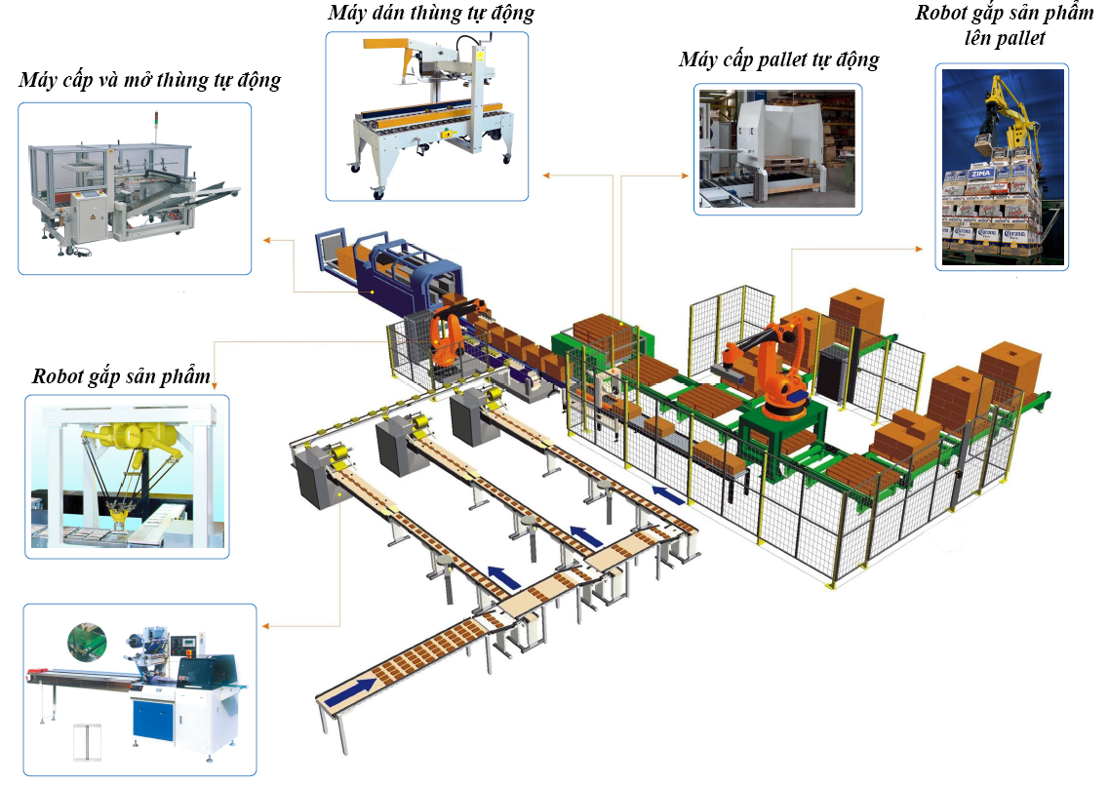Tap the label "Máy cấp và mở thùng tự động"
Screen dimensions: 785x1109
coord(149,80)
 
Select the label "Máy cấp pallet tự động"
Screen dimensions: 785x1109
coord(778,60)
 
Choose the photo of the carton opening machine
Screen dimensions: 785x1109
coord(134,188)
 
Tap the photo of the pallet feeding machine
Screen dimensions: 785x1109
coord(777,148)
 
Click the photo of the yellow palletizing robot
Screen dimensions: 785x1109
coord(1001,167)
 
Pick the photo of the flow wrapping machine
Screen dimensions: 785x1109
coord(139,691)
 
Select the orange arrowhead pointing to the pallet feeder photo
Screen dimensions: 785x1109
coord(684,176)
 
